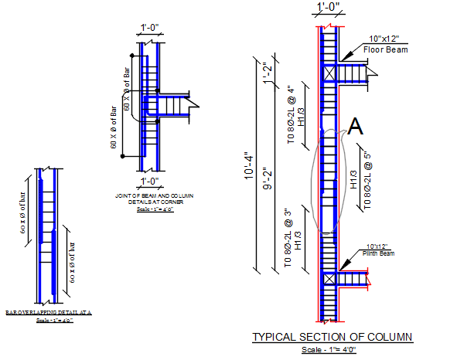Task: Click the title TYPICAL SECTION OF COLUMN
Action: click(332, 338)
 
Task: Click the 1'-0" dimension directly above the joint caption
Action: click(149, 182)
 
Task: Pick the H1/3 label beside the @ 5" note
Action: click(353, 179)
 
